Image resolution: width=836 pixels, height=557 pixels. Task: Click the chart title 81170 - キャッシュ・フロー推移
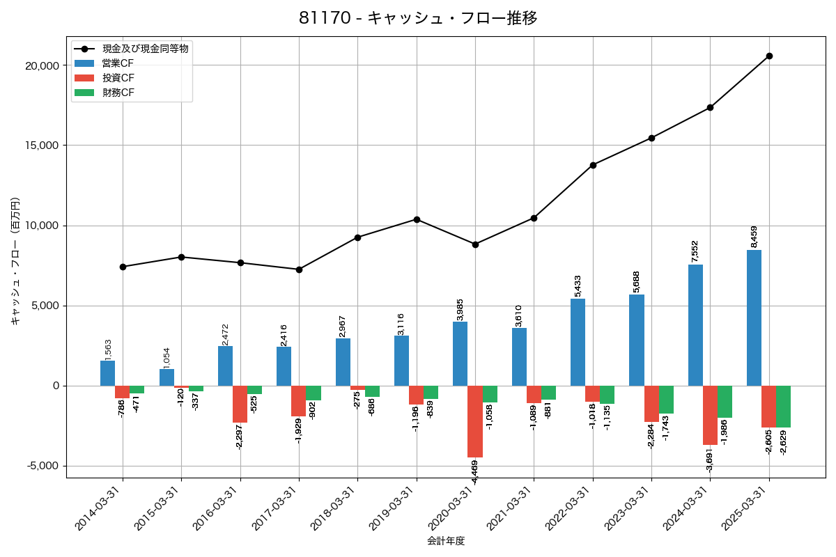418,18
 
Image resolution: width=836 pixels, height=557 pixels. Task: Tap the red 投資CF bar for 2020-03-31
475,421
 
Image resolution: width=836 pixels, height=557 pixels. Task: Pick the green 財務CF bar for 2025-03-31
783,407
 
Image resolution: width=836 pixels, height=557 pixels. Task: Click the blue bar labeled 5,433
578,342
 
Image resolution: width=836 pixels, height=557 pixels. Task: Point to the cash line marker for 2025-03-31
769,56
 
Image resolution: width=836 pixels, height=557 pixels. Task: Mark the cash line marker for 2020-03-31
475,244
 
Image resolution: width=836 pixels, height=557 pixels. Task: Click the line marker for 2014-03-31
123,267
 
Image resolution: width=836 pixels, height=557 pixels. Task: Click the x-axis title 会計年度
446,541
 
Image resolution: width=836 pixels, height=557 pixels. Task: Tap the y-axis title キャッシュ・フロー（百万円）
15,261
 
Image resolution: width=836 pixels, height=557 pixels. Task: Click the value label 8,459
754,237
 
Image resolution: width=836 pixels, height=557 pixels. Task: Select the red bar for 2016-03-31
240,404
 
